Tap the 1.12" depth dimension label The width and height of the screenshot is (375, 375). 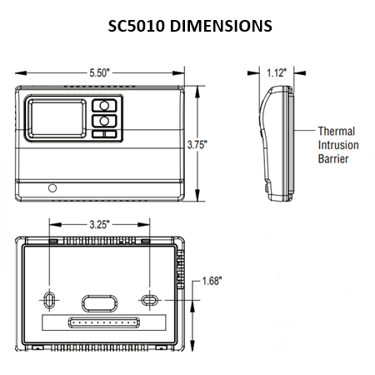point(276,73)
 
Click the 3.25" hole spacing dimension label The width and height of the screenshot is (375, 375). point(100,224)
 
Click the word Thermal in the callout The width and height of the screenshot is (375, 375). point(337,132)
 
